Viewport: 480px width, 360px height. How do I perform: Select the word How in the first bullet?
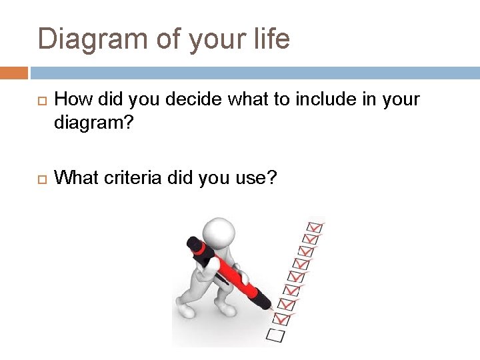coord(71,99)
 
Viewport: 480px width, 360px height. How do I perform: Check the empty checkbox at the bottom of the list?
coord(275,334)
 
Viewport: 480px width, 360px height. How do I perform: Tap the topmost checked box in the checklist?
coord(313,227)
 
